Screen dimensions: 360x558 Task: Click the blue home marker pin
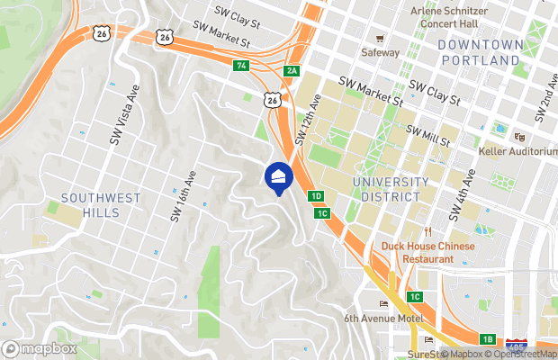pyautogui.click(x=278, y=175)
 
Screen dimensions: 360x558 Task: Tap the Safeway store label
pyautogui.click(x=380, y=52)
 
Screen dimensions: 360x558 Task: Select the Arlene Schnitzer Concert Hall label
pyautogui.click(x=448, y=17)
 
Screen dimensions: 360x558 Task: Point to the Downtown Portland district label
pyautogui.click(x=480, y=52)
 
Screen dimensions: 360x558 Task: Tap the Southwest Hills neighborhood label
pyautogui.click(x=88, y=204)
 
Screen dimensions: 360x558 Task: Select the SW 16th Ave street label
pyautogui.click(x=183, y=197)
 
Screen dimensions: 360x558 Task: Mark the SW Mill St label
pyautogui.click(x=428, y=136)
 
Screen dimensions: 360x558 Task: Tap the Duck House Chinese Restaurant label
pyautogui.click(x=427, y=252)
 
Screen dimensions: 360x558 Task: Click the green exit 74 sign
pyautogui.click(x=240, y=66)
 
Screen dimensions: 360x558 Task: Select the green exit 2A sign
pyautogui.click(x=291, y=70)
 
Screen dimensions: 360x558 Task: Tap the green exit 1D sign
pyautogui.click(x=315, y=196)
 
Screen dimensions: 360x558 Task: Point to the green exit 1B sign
pyautogui.click(x=487, y=338)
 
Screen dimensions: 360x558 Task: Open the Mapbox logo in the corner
pyautogui.click(x=40, y=347)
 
